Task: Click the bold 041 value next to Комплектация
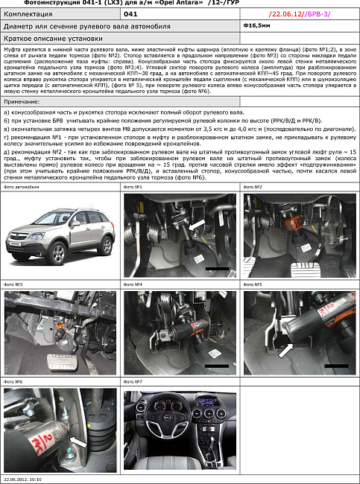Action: (130, 13)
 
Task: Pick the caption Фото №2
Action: (253, 187)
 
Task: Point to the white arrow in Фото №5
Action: (285, 349)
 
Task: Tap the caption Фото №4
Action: (133, 284)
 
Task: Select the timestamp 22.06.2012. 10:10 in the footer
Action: (22, 480)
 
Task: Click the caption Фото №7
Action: (133, 382)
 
